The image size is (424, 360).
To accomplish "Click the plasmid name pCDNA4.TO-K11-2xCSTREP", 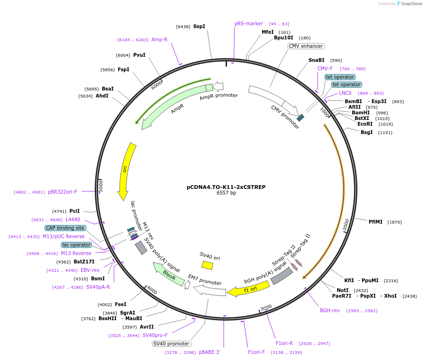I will pos(226,187).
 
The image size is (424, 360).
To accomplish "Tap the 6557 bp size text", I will pos(226,193).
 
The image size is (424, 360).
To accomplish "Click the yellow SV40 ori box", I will pos(207,265).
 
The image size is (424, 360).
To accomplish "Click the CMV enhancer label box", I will pos(306,46).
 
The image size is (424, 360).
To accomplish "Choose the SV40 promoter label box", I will pos(172,344).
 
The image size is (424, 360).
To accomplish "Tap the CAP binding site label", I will pos(66,228).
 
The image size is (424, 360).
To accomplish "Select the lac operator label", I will pos(76,245).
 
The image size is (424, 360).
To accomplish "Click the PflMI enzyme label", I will pos(375,222).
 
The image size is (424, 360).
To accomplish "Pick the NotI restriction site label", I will pos(343,290).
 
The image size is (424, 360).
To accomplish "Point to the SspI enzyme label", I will pos(199,27).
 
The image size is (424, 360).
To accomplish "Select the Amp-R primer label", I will pos(159,39).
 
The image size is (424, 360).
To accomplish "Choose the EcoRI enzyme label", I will pos(365,124).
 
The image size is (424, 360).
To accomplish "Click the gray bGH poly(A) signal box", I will pos(282,276).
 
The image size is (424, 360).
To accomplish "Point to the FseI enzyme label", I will pos(121,304).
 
